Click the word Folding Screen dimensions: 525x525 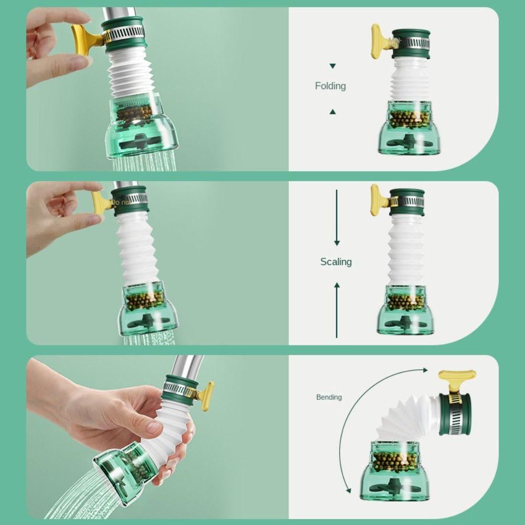(x=330, y=86)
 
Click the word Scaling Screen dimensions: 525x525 (x=336, y=261)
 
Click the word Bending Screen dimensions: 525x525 (x=329, y=397)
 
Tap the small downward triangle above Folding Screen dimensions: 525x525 (x=332, y=66)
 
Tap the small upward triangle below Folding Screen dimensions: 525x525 (x=332, y=111)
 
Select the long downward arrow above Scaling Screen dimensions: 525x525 (x=337, y=218)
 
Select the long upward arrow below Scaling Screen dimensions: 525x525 (x=337, y=310)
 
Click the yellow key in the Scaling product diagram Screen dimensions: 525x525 (x=377, y=199)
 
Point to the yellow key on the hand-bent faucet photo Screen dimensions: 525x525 (x=205, y=394)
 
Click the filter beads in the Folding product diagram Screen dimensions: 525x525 (x=409, y=119)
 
